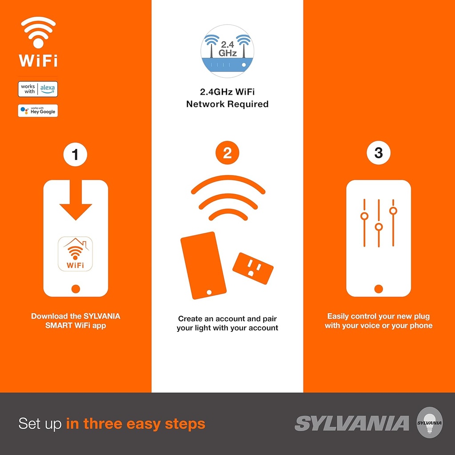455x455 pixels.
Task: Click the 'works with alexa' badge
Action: point(38,89)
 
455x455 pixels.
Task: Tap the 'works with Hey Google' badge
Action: point(38,111)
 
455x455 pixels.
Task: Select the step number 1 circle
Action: point(75,154)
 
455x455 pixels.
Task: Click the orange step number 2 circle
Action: point(227,154)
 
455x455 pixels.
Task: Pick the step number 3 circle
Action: point(378,153)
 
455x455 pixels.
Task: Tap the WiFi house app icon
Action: point(75,254)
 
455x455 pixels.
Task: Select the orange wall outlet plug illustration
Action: point(253,268)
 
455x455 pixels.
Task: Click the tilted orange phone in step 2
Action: point(203,266)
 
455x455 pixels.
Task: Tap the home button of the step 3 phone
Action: point(379,289)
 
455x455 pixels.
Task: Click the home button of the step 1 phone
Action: point(76,289)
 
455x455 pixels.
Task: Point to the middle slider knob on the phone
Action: point(379,227)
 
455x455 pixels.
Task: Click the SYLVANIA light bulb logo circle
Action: point(429,423)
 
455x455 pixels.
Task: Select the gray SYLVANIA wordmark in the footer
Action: point(351,423)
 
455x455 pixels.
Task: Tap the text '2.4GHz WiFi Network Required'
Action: point(227,98)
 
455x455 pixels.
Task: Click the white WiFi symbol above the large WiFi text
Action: point(38,32)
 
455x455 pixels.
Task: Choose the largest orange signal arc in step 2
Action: point(228,183)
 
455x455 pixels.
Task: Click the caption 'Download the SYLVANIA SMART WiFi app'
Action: point(76,321)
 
